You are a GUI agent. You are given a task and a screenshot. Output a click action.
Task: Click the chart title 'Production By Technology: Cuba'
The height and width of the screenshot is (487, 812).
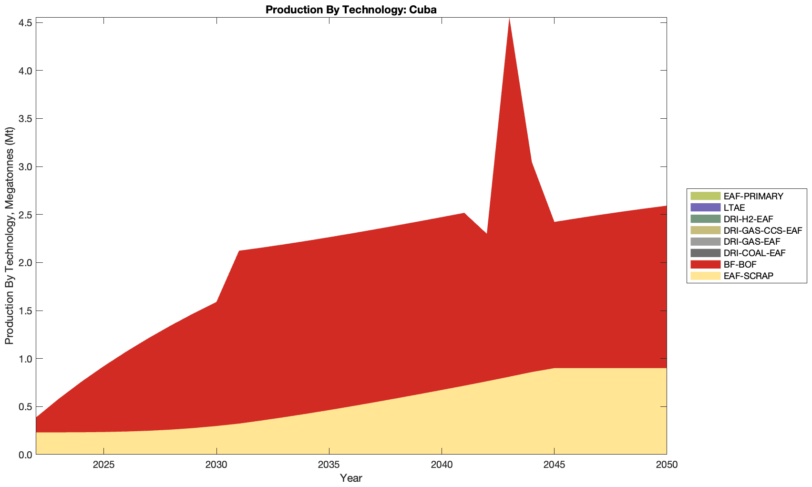click(351, 10)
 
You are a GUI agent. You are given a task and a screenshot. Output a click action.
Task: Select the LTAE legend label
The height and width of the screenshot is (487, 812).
click(734, 207)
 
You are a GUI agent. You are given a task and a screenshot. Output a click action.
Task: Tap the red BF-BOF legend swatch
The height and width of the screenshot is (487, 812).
click(704, 264)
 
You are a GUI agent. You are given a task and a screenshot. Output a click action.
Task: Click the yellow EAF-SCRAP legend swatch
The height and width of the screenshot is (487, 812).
click(704, 276)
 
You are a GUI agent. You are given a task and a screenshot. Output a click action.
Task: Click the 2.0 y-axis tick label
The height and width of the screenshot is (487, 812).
click(25, 263)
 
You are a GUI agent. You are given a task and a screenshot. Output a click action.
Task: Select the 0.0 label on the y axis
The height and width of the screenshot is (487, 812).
click(25, 455)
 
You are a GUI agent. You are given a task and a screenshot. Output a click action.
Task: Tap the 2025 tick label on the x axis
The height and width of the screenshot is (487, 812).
click(104, 465)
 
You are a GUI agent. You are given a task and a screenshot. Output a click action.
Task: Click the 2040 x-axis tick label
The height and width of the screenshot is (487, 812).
click(442, 465)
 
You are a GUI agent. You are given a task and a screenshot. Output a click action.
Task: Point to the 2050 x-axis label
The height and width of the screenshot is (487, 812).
click(666, 465)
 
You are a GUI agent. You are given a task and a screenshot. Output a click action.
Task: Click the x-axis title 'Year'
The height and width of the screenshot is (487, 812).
click(351, 478)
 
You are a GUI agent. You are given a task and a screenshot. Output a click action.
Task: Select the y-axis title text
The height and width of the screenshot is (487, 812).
click(9, 236)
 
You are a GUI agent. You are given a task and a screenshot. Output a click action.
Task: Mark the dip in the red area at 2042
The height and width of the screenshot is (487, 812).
click(486, 234)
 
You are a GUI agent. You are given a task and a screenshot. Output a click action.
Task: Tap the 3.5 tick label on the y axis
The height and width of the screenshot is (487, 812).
click(25, 119)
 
